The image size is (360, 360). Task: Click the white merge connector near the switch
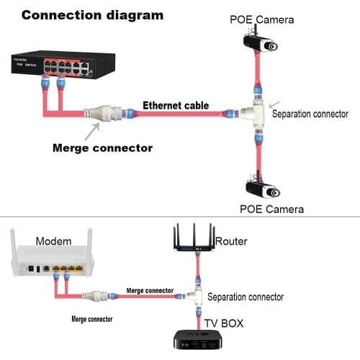104,112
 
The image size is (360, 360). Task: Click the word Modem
53,240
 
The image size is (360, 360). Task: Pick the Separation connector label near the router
246,297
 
